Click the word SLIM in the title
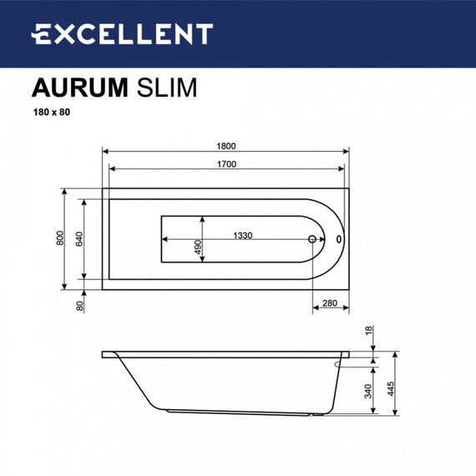click(x=164, y=88)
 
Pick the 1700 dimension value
click(x=225, y=163)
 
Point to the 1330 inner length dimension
click(x=244, y=235)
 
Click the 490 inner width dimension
click(x=198, y=248)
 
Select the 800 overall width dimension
click(x=59, y=240)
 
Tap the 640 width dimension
click(x=78, y=240)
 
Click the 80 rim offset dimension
click(x=80, y=306)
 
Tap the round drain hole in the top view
click(x=313, y=240)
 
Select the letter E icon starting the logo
click(x=42, y=33)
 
